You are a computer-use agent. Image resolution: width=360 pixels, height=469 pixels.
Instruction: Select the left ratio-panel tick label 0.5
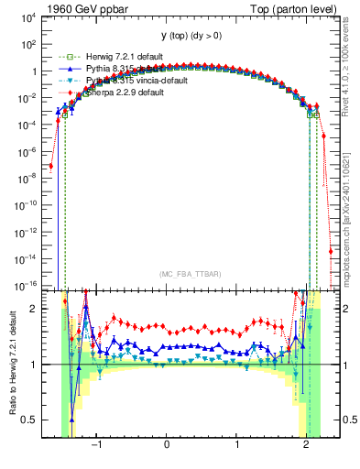coord(27,420)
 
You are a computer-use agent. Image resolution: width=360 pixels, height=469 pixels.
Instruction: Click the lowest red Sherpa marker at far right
coord(330,250)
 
